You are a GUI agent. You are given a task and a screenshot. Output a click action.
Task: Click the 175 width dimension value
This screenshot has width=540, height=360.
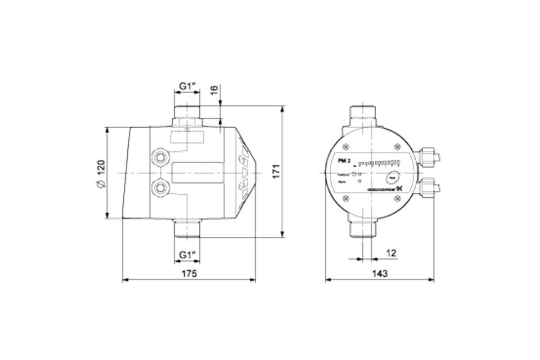click(x=189, y=274)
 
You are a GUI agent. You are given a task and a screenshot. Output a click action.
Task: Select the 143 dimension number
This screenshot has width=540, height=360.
click(x=379, y=274)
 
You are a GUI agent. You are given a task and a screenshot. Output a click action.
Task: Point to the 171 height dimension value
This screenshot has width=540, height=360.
click(x=276, y=171)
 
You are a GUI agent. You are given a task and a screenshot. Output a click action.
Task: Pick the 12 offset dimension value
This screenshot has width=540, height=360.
click(x=391, y=253)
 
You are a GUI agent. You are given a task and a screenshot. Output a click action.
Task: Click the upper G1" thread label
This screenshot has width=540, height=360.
click(x=187, y=85)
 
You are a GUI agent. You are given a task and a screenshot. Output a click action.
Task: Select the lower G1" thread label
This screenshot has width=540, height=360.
click(x=187, y=255)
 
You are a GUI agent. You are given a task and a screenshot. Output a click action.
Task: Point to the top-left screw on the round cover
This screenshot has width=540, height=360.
click(x=346, y=147)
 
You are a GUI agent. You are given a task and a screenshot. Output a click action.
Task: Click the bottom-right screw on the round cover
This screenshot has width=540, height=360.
click(x=397, y=198)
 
